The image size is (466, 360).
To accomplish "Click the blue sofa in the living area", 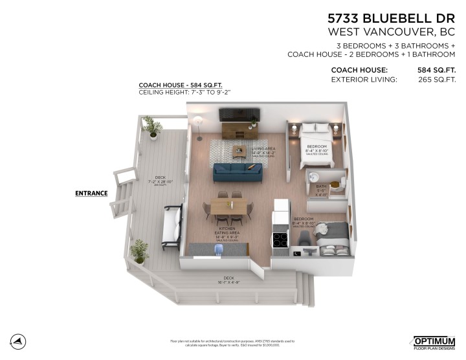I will [x=239, y=173].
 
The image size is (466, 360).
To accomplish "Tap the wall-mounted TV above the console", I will [x=238, y=115].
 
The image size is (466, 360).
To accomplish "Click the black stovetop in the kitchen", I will [x=281, y=240].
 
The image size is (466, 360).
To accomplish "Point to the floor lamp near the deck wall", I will [x=199, y=128].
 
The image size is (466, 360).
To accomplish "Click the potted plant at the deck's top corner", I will [x=153, y=127].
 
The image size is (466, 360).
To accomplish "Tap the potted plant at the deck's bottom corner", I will [x=138, y=251].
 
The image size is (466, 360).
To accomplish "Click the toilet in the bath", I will [x=337, y=184].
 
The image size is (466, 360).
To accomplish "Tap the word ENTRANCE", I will [x=91, y=193].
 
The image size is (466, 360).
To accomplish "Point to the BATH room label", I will [x=322, y=188].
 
